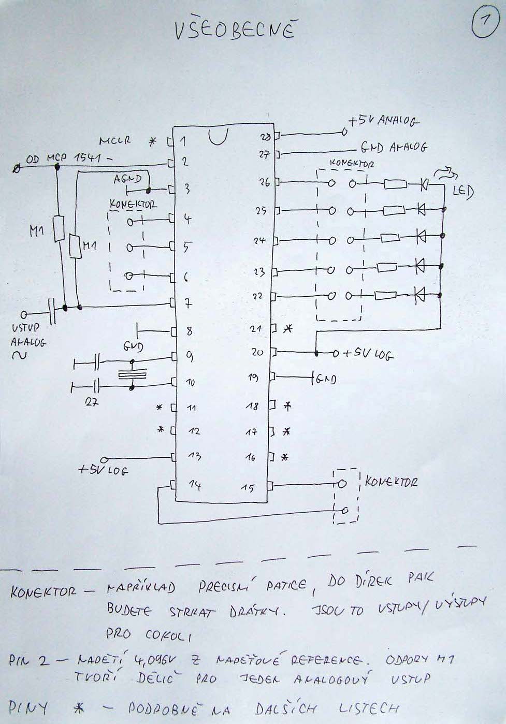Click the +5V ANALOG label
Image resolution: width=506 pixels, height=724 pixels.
click(384, 122)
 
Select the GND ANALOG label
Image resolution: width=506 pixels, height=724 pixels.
click(393, 147)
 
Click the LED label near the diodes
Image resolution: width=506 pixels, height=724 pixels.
click(462, 192)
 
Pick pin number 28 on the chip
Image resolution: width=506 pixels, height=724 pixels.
click(264, 137)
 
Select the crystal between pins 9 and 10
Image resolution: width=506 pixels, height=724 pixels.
click(133, 373)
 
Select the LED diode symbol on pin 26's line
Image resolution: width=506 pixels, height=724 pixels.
click(424, 183)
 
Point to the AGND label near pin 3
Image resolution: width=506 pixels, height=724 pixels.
click(127, 178)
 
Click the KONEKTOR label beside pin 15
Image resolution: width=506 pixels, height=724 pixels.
click(391, 482)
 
